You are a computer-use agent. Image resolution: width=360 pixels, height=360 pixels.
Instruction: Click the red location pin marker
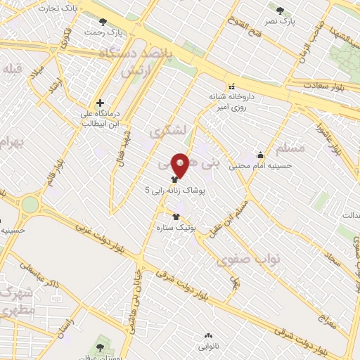pyautogui.click(x=181, y=166)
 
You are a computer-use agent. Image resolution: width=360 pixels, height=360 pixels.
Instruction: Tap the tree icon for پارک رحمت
pyautogui.click(x=104, y=22)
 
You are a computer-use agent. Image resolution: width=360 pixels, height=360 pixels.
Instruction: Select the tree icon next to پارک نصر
pyautogui.click(x=280, y=11)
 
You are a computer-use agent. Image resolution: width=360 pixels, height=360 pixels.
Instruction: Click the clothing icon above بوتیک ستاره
pyautogui.click(x=177, y=217)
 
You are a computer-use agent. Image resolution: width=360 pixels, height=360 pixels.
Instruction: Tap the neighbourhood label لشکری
pyautogui.click(x=166, y=131)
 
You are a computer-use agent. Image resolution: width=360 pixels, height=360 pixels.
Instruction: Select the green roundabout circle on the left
pyautogui.click(x=30, y=205)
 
